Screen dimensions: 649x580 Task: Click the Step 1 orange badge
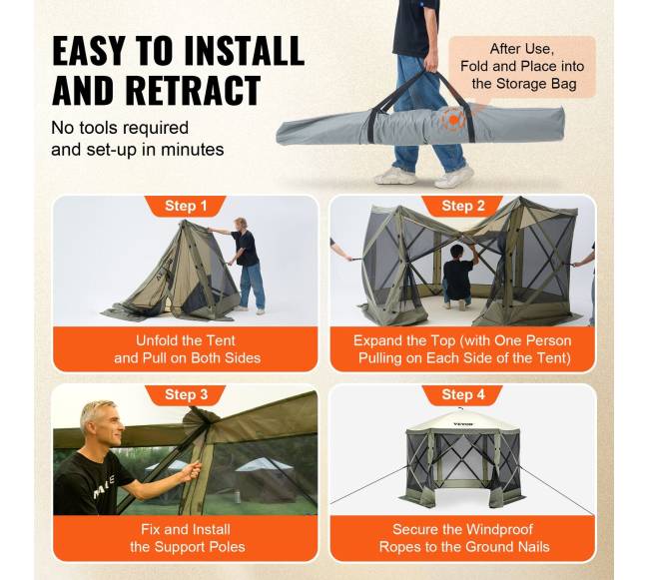pyautogui.click(x=185, y=206)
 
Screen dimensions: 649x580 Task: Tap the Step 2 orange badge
pyautogui.click(x=462, y=206)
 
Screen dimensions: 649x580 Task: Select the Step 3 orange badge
pyautogui.click(x=185, y=394)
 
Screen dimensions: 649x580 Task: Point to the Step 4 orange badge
pyautogui.click(x=462, y=394)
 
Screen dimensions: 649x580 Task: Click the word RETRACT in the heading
pyautogui.click(x=193, y=90)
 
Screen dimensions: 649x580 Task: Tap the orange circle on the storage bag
pyautogui.click(x=453, y=120)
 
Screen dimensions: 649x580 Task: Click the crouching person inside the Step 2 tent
pyautogui.click(x=458, y=275)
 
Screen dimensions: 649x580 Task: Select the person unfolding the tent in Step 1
pyautogui.click(x=246, y=264)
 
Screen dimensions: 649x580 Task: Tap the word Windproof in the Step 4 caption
pyautogui.click(x=497, y=529)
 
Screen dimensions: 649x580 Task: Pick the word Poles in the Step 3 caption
pyautogui.click(x=227, y=547)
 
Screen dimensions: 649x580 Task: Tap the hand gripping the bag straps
pyautogui.click(x=430, y=65)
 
